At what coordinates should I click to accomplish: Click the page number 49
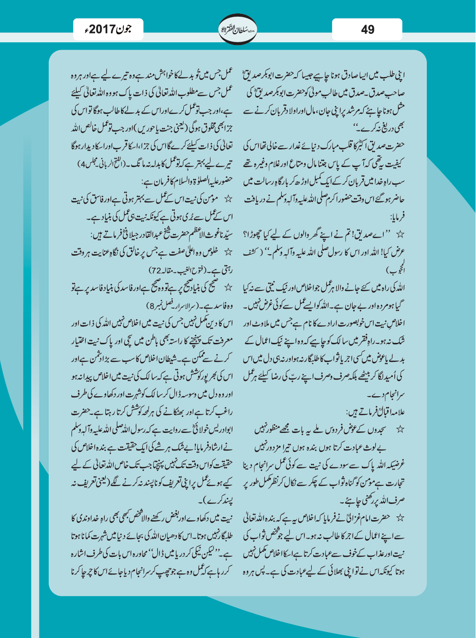(367, 30)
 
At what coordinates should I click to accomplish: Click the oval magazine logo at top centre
(238, 30)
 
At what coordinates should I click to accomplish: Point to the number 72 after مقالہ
(154, 271)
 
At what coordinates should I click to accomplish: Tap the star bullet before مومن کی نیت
(227, 199)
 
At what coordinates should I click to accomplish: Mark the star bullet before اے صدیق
(400, 234)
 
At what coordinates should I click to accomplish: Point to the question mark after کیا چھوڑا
(246, 234)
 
